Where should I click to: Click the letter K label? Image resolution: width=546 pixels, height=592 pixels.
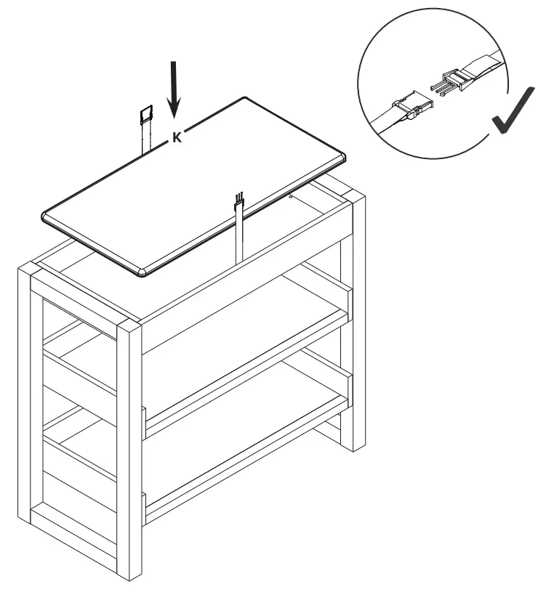point(177,137)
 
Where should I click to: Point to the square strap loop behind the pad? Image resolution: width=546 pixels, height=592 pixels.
point(146,114)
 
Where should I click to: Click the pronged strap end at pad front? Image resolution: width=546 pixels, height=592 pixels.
point(238,203)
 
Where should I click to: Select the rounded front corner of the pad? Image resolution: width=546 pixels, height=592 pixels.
point(145,272)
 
